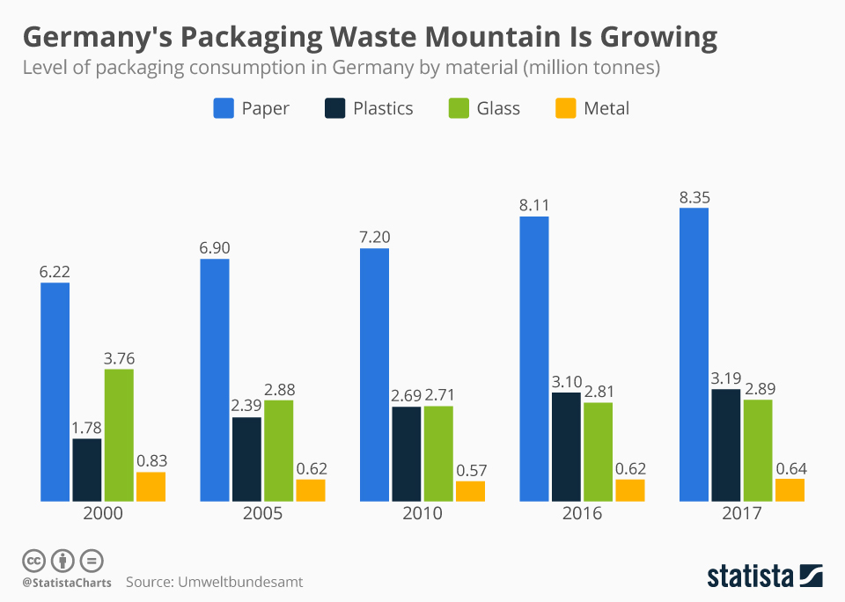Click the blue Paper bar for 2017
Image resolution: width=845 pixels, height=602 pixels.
(x=694, y=355)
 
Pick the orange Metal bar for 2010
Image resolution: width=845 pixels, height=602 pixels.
(x=470, y=491)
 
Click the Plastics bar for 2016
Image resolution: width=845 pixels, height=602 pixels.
(x=566, y=447)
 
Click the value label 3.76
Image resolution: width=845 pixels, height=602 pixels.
(x=119, y=358)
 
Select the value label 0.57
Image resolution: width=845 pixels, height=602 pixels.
(x=470, y=470)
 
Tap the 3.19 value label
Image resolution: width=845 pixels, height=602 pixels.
(x=726, y=378)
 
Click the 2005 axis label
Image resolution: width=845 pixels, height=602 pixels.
(x=262, y=514)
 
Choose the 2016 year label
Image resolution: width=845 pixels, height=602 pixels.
(x=582, y=514)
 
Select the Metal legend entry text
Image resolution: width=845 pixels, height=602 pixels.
(x=606, y=108)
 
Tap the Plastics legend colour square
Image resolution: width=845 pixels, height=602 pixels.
(x=334, y=108)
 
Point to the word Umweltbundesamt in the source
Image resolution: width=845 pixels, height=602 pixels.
(x=241, y=583)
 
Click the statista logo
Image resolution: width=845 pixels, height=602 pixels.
(x=765, y=576)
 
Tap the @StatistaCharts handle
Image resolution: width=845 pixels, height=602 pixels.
(x=67, y=583)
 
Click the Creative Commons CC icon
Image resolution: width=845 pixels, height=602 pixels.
(x=33, y=560)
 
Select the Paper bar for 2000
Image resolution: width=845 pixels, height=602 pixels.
(x=55, y=392)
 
